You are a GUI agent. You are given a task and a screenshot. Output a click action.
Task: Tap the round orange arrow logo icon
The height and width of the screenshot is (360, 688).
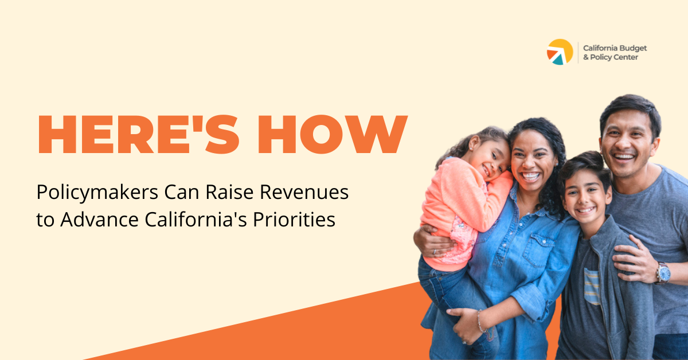click(560, 52)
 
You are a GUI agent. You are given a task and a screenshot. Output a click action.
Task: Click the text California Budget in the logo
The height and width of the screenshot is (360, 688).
click(615, 48)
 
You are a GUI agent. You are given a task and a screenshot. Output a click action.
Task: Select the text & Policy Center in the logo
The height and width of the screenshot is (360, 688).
click(610, 57)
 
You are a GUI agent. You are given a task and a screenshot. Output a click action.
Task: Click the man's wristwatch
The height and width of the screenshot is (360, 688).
click(663, 272)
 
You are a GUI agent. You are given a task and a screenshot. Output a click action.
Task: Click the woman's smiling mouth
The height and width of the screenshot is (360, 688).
click(530, 176)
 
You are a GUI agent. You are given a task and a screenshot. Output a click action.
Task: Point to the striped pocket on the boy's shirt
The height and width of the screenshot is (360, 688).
click(592, 286)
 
